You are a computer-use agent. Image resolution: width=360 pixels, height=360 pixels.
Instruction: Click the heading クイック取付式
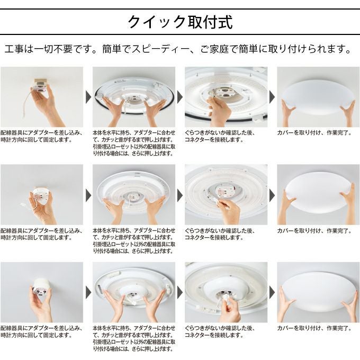pyautogui.click(x=180, y=23)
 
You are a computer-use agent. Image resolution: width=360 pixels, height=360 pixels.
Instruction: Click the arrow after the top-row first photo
pyautogui.click(x=88, y=97)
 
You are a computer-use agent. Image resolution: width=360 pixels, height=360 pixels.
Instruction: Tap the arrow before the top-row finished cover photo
pyautogui.click(x=272, y=97)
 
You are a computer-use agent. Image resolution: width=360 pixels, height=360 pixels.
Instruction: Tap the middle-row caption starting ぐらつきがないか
pyautogui.click(x=220, y=235)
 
